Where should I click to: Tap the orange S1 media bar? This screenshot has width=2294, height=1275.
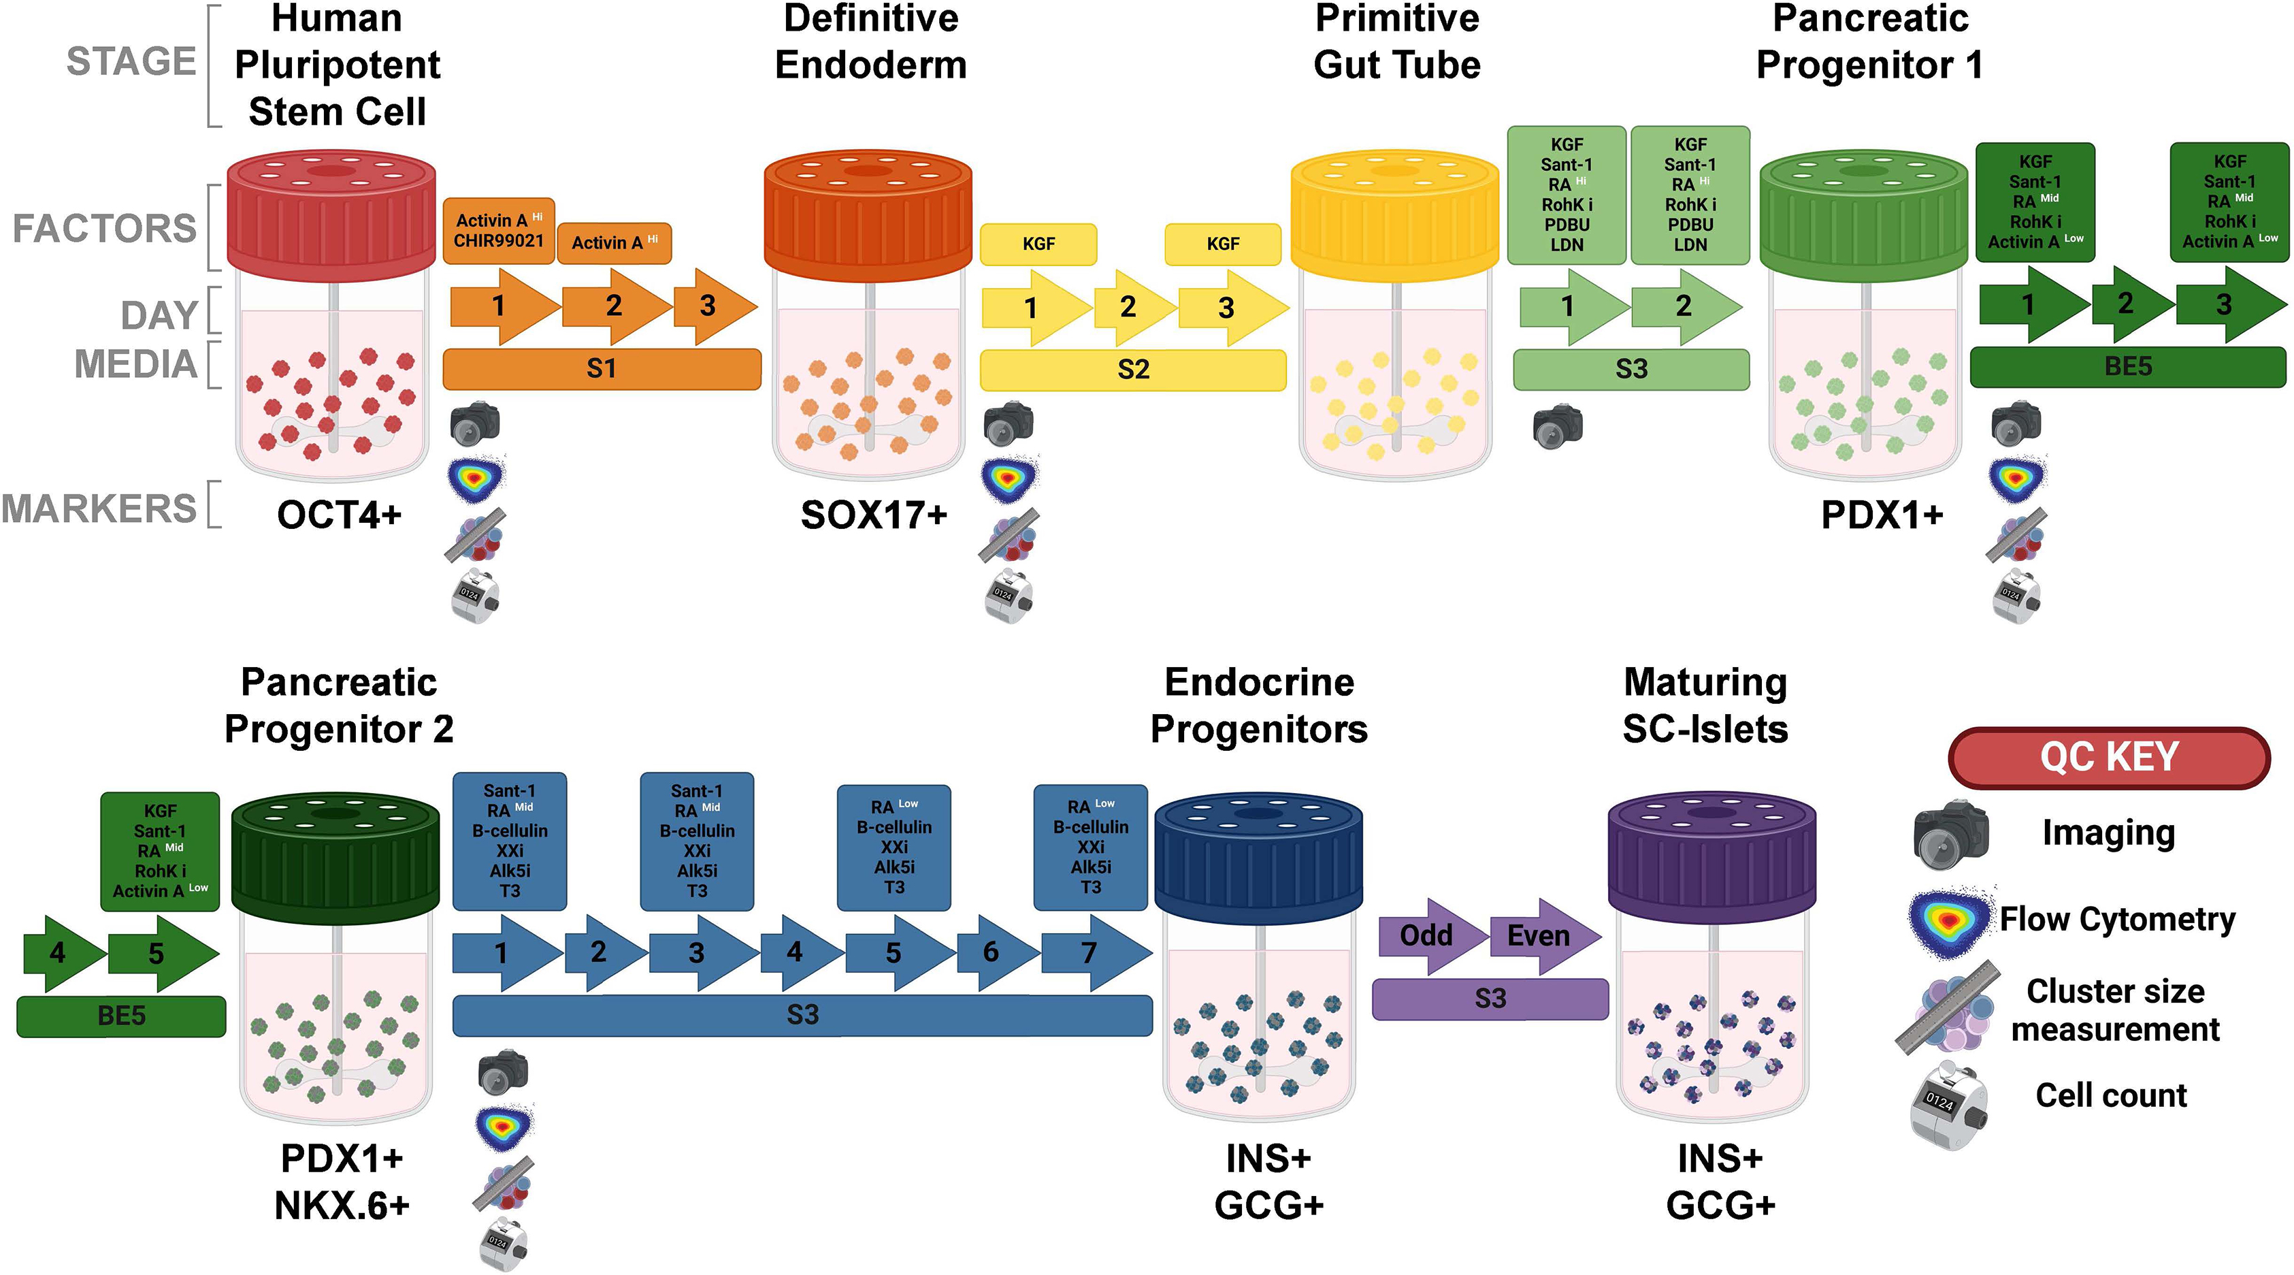coord(601,369)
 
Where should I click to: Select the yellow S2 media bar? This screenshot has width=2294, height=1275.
coord(1133,369)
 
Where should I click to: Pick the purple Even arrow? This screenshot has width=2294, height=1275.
coord(1539,935)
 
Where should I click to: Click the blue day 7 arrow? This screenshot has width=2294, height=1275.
coord(1091,952)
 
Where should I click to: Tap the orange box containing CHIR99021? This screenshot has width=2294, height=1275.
coord(498,231)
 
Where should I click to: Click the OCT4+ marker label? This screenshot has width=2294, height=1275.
coord(338,515)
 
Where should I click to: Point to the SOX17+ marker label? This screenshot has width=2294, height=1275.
coord(872,515)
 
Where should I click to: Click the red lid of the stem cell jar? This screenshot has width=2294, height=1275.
coord(331,214)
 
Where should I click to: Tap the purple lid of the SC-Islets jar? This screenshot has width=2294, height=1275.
coord(1711,856)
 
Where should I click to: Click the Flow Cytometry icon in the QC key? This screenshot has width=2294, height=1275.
coord(1948,920)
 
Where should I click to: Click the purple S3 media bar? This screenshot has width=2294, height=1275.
coord(1489,999)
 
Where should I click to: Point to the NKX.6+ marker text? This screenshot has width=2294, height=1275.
coord(341,1206)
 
